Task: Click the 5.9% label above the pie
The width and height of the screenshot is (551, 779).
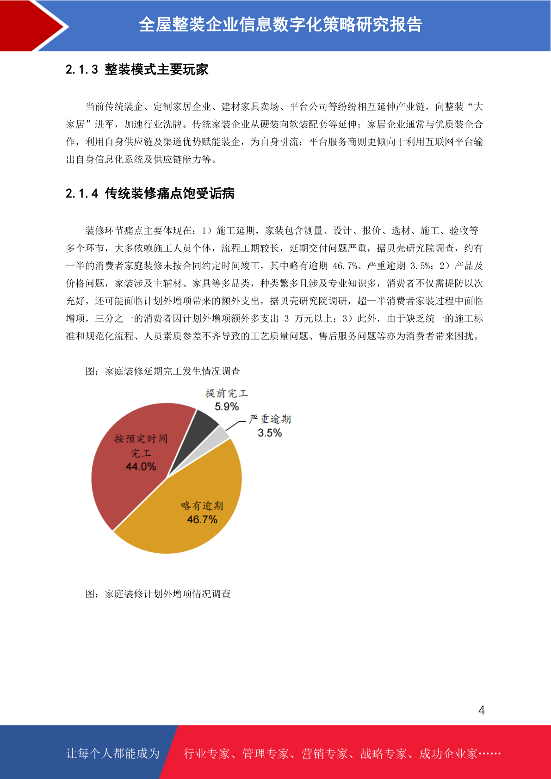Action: tap(227, 407)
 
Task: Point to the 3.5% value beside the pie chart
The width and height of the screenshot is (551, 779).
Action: tap(270, 433)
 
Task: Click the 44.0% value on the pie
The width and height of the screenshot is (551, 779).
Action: tap(141, 466)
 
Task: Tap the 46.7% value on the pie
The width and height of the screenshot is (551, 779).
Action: tap(202, 519)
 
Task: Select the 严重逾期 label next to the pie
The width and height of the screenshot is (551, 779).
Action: tap(270, 419)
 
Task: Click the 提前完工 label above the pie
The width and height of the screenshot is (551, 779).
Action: tap(227, 393)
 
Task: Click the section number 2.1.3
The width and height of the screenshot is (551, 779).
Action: tap(82, 70)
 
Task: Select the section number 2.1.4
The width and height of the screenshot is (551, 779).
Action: tap(82, 193)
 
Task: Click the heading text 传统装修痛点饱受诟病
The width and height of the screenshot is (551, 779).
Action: tap(170, 193)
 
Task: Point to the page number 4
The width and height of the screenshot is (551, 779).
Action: tap(482, 711)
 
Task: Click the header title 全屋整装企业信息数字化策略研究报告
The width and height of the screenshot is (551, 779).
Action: tap(280, 25)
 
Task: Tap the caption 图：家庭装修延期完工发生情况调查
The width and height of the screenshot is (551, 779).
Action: tap(163, 371)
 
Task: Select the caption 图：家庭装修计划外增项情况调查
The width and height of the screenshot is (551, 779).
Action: tap(158, 594)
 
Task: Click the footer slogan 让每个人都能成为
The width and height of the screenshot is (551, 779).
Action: tap(113, 754)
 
